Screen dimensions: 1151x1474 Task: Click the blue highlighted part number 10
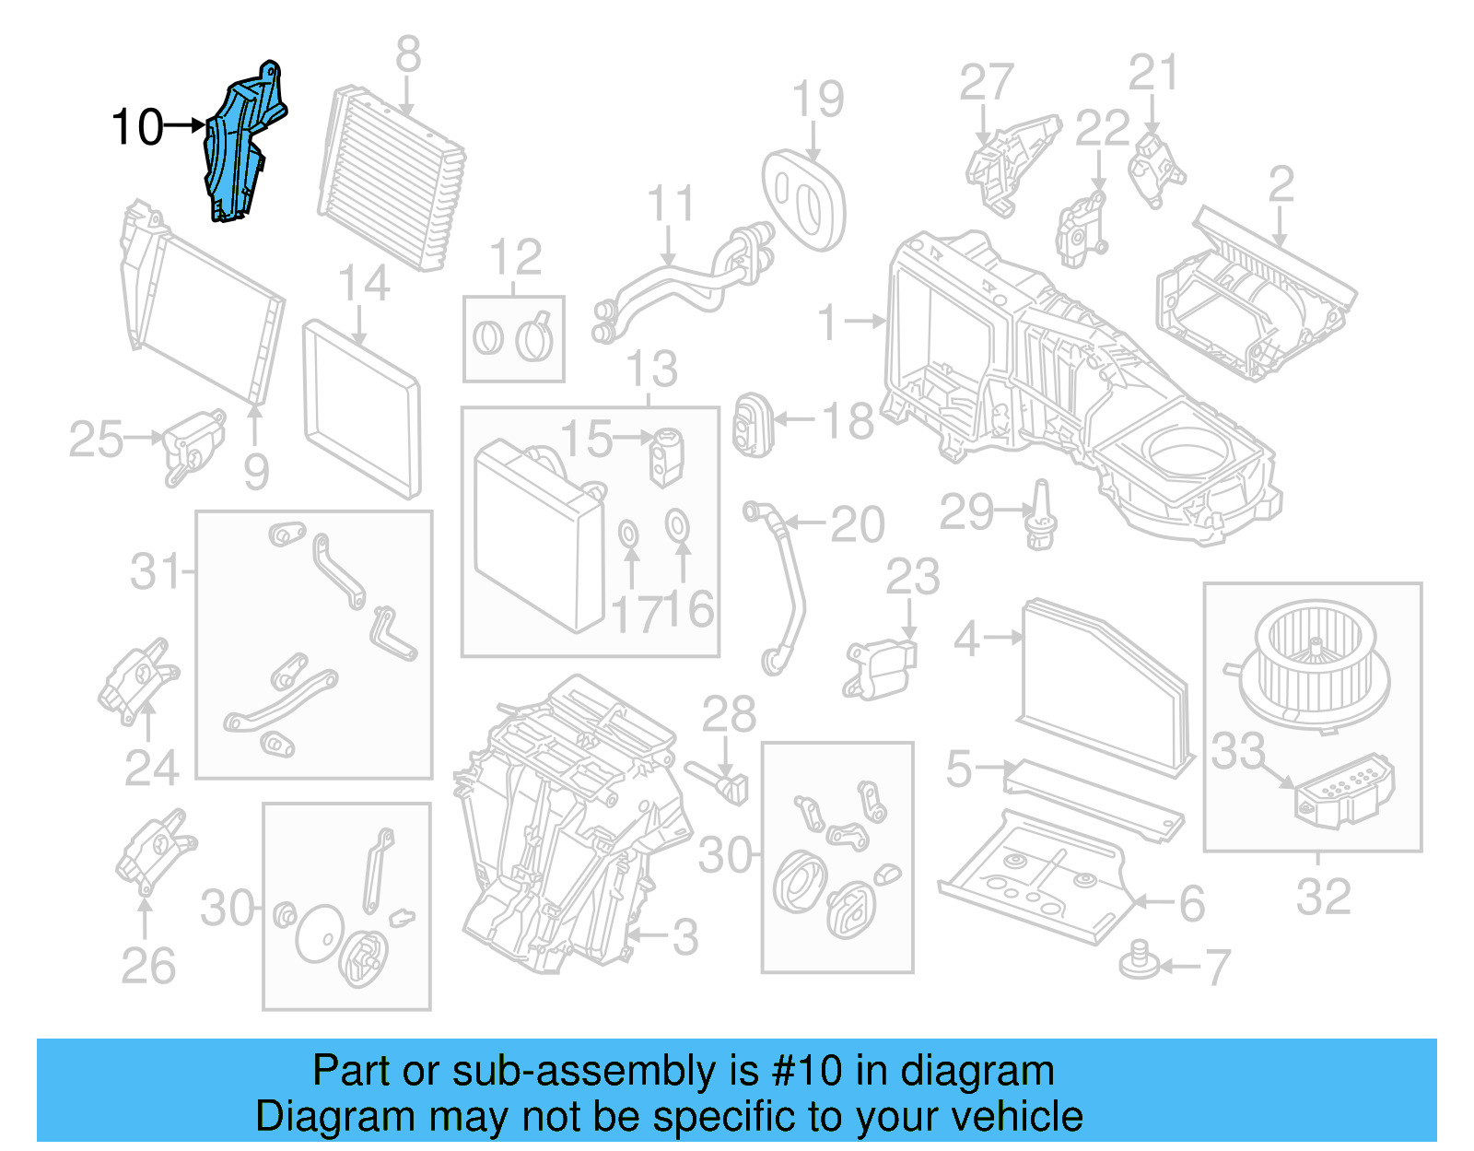241,143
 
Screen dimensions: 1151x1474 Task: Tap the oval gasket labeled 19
803,199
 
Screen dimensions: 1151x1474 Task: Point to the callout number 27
986,83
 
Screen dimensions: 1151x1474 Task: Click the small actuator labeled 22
1080,230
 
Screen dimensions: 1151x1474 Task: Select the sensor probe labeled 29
1041,516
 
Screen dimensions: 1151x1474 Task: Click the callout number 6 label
1191,903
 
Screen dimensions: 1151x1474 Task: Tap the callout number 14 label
364,283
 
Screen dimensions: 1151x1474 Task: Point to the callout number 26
147,966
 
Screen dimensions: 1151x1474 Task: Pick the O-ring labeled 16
678,525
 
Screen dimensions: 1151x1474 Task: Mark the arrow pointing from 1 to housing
865,322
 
